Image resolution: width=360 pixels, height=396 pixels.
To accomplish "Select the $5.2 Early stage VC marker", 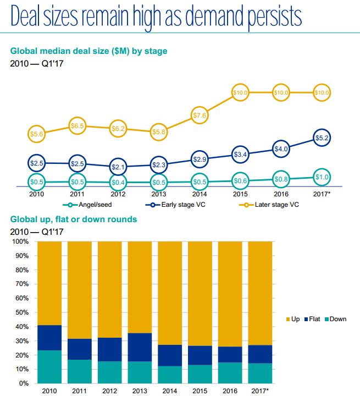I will pyautogui.click(x=322, y=137).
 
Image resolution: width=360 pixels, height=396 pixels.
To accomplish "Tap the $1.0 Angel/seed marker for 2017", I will pyautogui.click(x=322, y=177).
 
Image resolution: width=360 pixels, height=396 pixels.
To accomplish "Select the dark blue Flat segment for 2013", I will pyautogui.click(x=140, y=346).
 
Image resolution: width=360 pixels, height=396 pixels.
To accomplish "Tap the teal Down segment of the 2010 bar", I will pyautogui.click(x=49, y=366).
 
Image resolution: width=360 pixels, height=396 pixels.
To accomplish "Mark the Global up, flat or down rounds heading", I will pyautogui.click(x=74, y=219).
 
